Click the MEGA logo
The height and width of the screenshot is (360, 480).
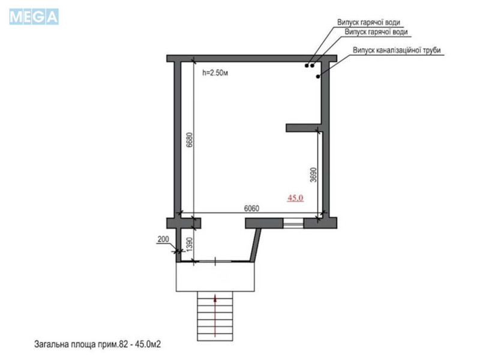(34, 16)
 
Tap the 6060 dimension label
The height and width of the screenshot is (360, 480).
(251, 209)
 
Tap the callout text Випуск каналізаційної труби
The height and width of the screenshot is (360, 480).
(397, 50)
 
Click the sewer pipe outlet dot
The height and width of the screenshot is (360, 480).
(319, 76)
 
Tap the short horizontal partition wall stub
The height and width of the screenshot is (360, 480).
(303, 127)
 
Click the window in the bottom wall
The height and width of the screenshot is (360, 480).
(293, 223)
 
